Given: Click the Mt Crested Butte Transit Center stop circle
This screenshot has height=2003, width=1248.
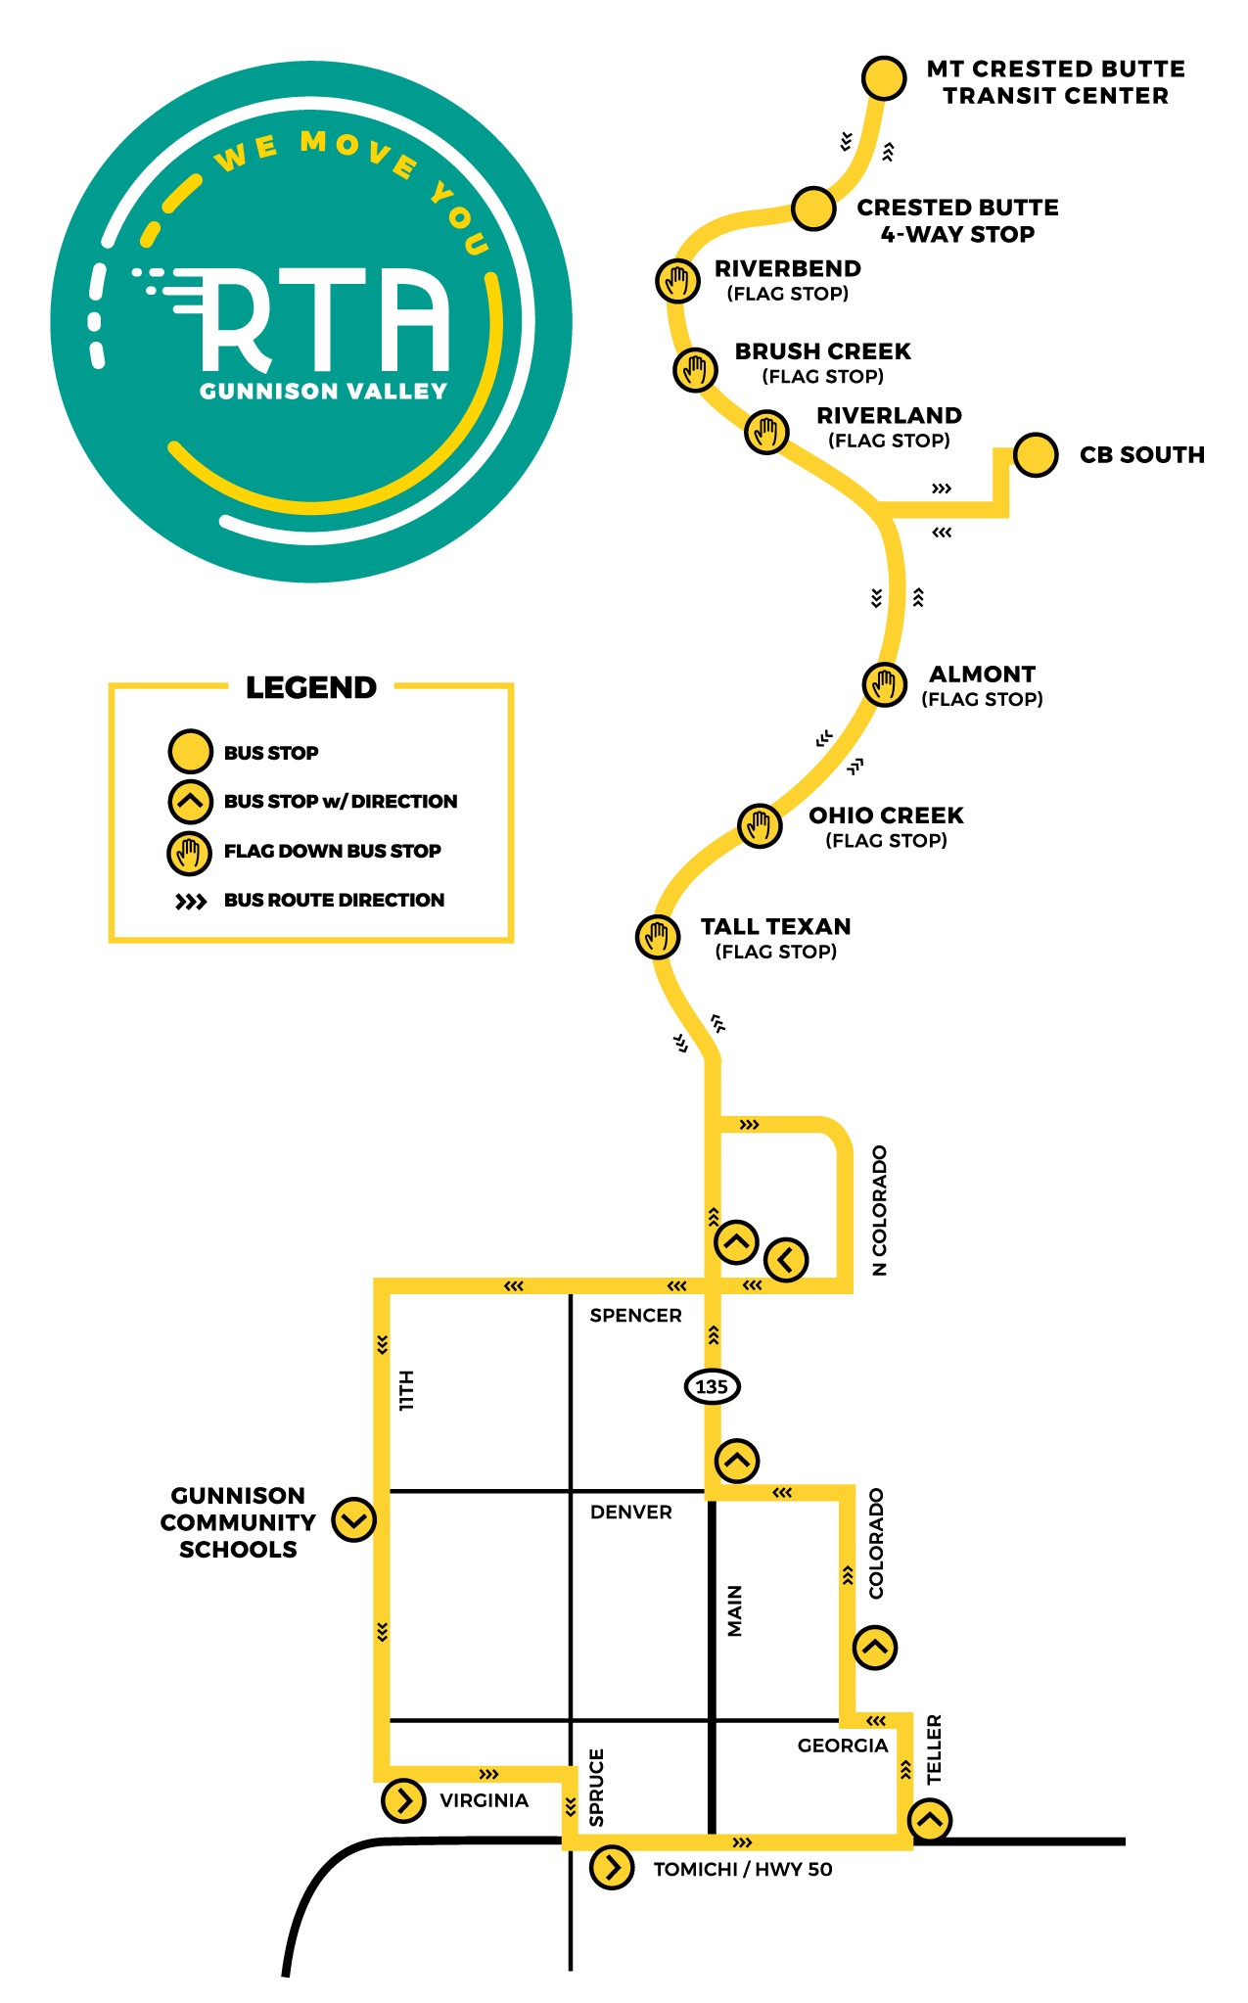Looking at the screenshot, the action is point(884,77).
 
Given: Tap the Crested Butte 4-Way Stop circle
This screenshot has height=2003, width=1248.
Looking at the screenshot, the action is point(813,209).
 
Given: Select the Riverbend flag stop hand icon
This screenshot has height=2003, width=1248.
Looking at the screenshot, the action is point(677,281).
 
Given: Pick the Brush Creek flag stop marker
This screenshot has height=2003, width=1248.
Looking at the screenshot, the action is point(695,370).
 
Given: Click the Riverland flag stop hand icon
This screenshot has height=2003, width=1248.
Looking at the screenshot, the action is point(766,431).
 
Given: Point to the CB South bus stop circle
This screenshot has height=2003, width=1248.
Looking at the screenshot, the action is point(1036,454).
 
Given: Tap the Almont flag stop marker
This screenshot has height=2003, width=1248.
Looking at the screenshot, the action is point(884,683).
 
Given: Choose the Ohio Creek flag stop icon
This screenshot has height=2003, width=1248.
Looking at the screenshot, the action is point(760,826).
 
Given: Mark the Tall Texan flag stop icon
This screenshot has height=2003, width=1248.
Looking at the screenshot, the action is point(658,936).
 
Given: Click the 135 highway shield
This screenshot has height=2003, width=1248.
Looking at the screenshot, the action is point(712,1386).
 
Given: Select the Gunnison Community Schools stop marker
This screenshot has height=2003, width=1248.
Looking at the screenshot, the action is point(353,1519).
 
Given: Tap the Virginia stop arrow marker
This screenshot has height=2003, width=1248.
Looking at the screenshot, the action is point(403,1799).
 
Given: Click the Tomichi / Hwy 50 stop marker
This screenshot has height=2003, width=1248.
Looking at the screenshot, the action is point(612,1867).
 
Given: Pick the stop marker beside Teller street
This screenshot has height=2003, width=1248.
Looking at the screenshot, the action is point(930,1820).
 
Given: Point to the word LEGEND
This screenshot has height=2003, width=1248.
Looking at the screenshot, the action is point(311,687).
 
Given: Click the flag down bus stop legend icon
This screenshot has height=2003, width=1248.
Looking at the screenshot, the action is point(190,852).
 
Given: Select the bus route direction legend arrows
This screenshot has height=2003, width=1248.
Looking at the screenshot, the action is point(191,902).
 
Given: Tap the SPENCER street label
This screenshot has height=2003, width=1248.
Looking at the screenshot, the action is point(635,1315).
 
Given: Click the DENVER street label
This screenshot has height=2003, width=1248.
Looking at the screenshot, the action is point(631,1512).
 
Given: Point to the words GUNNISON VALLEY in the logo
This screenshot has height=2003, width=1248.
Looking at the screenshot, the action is point(324,392).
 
